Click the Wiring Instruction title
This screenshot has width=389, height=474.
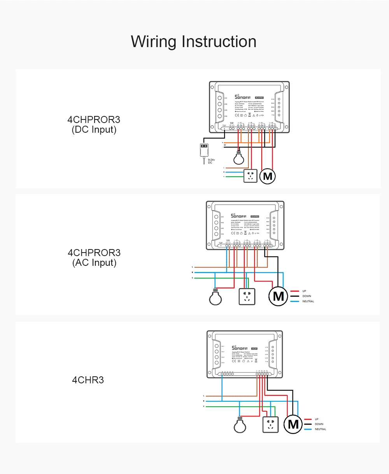pyautogui.click(x=193, y=42)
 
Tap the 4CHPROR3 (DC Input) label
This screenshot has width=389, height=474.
pyautogui.click(x=94, y=125)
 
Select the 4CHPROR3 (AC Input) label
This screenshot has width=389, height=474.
pyautogui.click(x=94, y=258)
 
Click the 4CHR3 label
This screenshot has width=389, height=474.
pyautogui.click(x=88, y=380)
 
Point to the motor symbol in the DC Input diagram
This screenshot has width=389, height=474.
pyautogui.click(x=267, y=176)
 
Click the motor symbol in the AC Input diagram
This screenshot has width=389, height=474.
pyautogui.click(x=278, y=296)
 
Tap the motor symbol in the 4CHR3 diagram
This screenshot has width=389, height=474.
pyautogui.click(x=293, y=424)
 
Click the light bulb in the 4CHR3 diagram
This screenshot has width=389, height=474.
pyautogui.click(x=240, y=425)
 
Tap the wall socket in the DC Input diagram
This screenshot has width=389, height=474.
pyautogui.click(x=251, y=176)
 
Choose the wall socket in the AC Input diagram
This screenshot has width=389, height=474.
pyautogui.click(x=246, y=297)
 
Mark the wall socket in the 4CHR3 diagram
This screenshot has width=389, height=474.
pyautogui.click(x=271, y=424)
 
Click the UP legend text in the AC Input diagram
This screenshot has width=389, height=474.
pyautogui.click(x=304, y=291)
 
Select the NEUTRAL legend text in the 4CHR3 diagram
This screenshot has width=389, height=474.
pyautogui.click(x=321, y=429)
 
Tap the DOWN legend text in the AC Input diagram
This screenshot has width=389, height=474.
pyautogui.click(x=307, y=296)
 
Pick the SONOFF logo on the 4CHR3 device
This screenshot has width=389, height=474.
pyautogui.click(x=240, y=348)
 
